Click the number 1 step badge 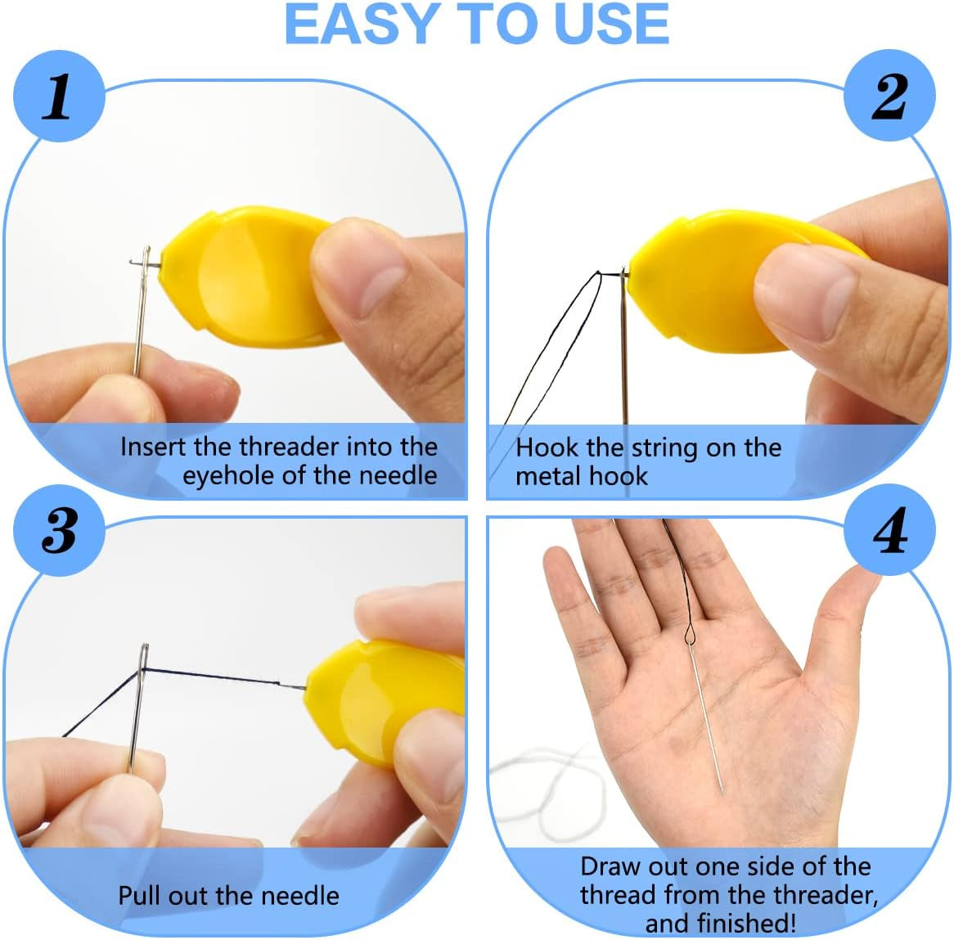pyautogui.click(x=57, y=97)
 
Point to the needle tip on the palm pyautogui.click(x=722, y=790)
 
